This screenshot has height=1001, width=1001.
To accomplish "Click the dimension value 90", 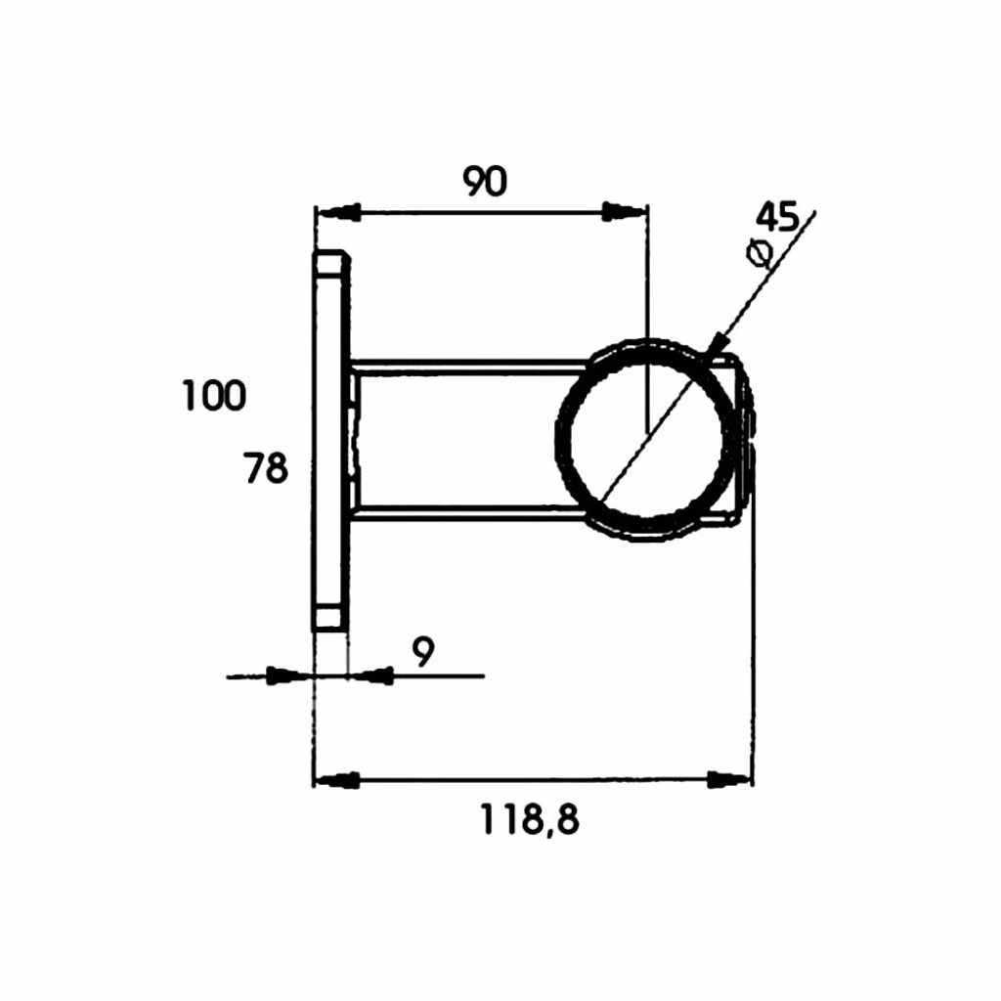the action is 485,181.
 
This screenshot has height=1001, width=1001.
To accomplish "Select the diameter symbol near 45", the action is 760,252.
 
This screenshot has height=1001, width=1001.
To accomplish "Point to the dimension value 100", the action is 214,395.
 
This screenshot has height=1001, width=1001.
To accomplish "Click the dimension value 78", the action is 266,467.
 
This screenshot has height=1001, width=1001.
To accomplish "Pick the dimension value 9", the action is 423,652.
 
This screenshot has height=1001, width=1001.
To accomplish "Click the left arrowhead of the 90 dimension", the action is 338,212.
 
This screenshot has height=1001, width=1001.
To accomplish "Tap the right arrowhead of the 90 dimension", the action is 625,211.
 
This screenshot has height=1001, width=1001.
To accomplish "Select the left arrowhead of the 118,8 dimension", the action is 336,779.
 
